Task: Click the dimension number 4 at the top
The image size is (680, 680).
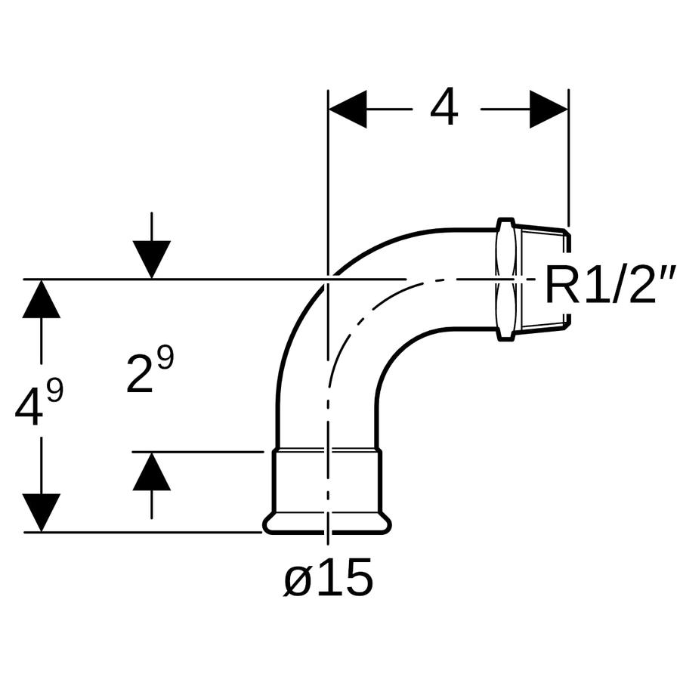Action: [444, 107]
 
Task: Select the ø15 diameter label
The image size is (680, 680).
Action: [329, 577]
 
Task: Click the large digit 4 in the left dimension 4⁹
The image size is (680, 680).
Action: [29, 408]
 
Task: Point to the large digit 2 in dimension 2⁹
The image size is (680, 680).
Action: [140, 373]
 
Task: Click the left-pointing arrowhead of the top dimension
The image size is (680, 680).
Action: [348, 109]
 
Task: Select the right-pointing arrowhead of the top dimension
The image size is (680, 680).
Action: [549, 109]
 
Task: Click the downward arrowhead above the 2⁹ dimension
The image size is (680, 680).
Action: [151, 259]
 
